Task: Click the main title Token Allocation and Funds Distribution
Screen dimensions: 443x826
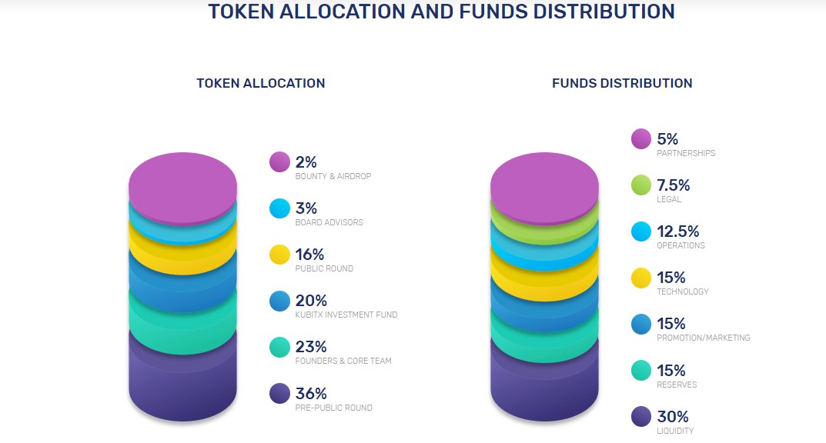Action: (x=441, y=12)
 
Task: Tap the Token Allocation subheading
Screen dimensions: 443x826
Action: (x=260, y=83)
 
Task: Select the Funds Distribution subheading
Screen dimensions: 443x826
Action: (x=622, y=83)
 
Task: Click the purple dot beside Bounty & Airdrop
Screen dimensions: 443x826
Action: (x=279, y=162)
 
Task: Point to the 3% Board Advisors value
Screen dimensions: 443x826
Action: (x=306, y=208)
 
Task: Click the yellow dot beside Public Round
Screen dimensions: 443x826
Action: (x=279, y=255)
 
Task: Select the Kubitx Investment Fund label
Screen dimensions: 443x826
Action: (x=346, y=315)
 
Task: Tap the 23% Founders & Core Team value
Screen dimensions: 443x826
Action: (x=311, y=347)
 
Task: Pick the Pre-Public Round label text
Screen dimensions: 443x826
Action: (x=333, y=408)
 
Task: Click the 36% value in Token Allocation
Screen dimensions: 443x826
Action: (x=311, y=393)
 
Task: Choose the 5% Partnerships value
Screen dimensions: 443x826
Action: (x=667, y=139)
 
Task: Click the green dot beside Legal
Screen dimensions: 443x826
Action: (x=641, y=185)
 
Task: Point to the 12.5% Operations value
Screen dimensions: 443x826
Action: (x=677, y=231)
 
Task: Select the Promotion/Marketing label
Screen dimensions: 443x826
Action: (x=703, y=338)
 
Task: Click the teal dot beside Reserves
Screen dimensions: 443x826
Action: (x=641, y=370)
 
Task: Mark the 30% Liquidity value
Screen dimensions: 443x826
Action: (x=672, y=417)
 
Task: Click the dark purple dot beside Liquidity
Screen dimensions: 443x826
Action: (x=641, y=417)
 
